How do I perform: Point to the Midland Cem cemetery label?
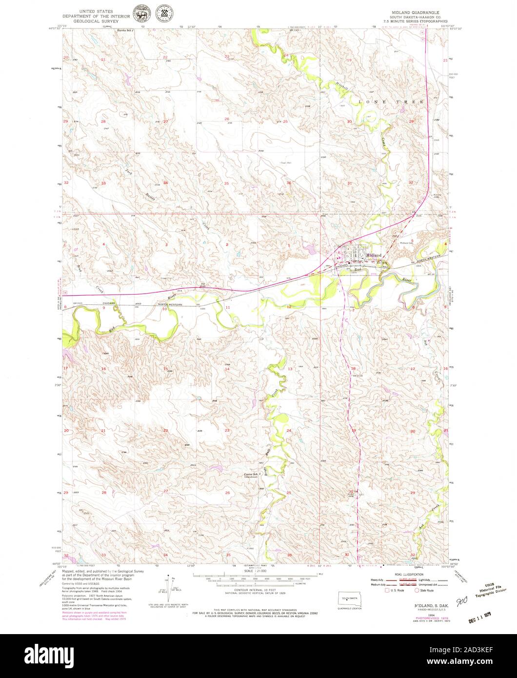(407, 243)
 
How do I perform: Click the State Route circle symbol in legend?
(418, 590)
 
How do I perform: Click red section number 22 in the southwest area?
(165, 430)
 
